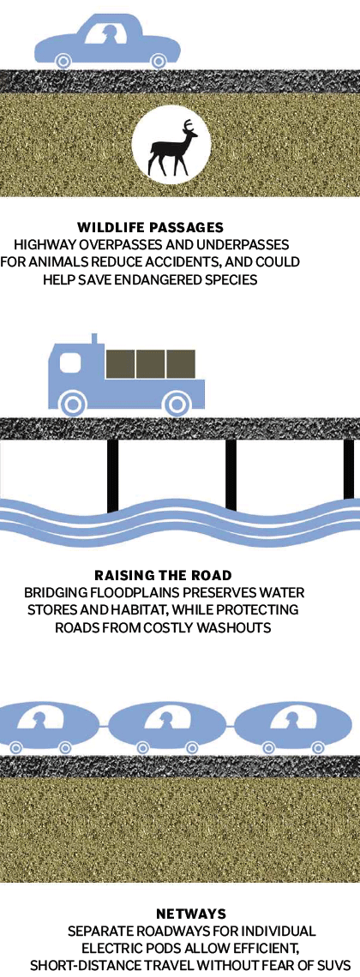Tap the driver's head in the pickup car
pos(111,31)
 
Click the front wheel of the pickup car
pos(63,61)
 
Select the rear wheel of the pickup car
pos(159,61)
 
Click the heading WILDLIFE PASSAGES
pos(150,227)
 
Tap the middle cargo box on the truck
pos(150,364)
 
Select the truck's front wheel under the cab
pos(74,404)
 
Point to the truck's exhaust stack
pos(94,339)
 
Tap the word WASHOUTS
pos(238,627)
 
